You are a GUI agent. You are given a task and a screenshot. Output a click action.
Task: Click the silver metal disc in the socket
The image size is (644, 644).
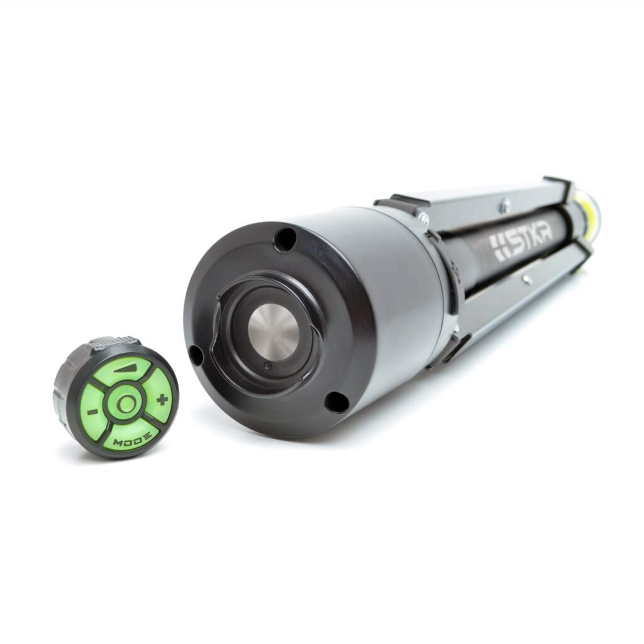[x=273, y=331]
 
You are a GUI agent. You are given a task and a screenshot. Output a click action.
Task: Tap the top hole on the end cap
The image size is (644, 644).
[x=285, y=240]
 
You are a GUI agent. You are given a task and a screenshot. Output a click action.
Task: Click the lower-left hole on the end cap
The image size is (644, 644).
[x=196, y=356]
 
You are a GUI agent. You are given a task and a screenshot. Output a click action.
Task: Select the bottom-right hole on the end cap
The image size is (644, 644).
[x=336, y=401]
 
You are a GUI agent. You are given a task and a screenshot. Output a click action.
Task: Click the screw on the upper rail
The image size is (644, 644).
[x=505, y=203]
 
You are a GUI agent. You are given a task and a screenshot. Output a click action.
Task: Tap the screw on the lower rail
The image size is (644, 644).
[x=525, y=275]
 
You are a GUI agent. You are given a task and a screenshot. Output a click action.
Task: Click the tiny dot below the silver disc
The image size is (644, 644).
[x=267, y=366]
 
